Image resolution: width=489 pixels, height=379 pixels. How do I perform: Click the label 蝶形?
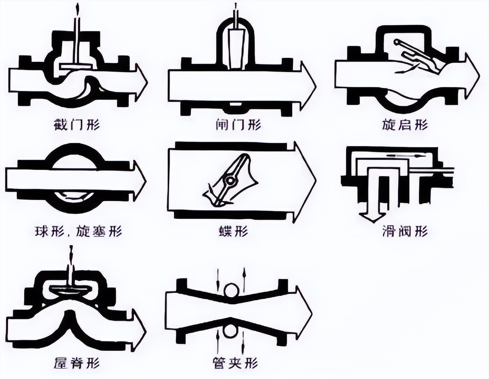[234, 232]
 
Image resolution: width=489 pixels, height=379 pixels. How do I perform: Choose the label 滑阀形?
[405, 232]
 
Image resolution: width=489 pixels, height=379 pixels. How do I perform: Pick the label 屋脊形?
[78, 362]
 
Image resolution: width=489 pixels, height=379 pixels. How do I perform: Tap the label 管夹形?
[235, 362]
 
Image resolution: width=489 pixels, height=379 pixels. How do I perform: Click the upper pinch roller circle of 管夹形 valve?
[231, 291]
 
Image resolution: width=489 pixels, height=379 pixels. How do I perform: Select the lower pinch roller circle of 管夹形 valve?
[231, 331]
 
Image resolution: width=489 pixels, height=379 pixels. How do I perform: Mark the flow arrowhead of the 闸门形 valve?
[308, 85]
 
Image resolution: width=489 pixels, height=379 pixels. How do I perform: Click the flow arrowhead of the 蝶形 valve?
[306, 181]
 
